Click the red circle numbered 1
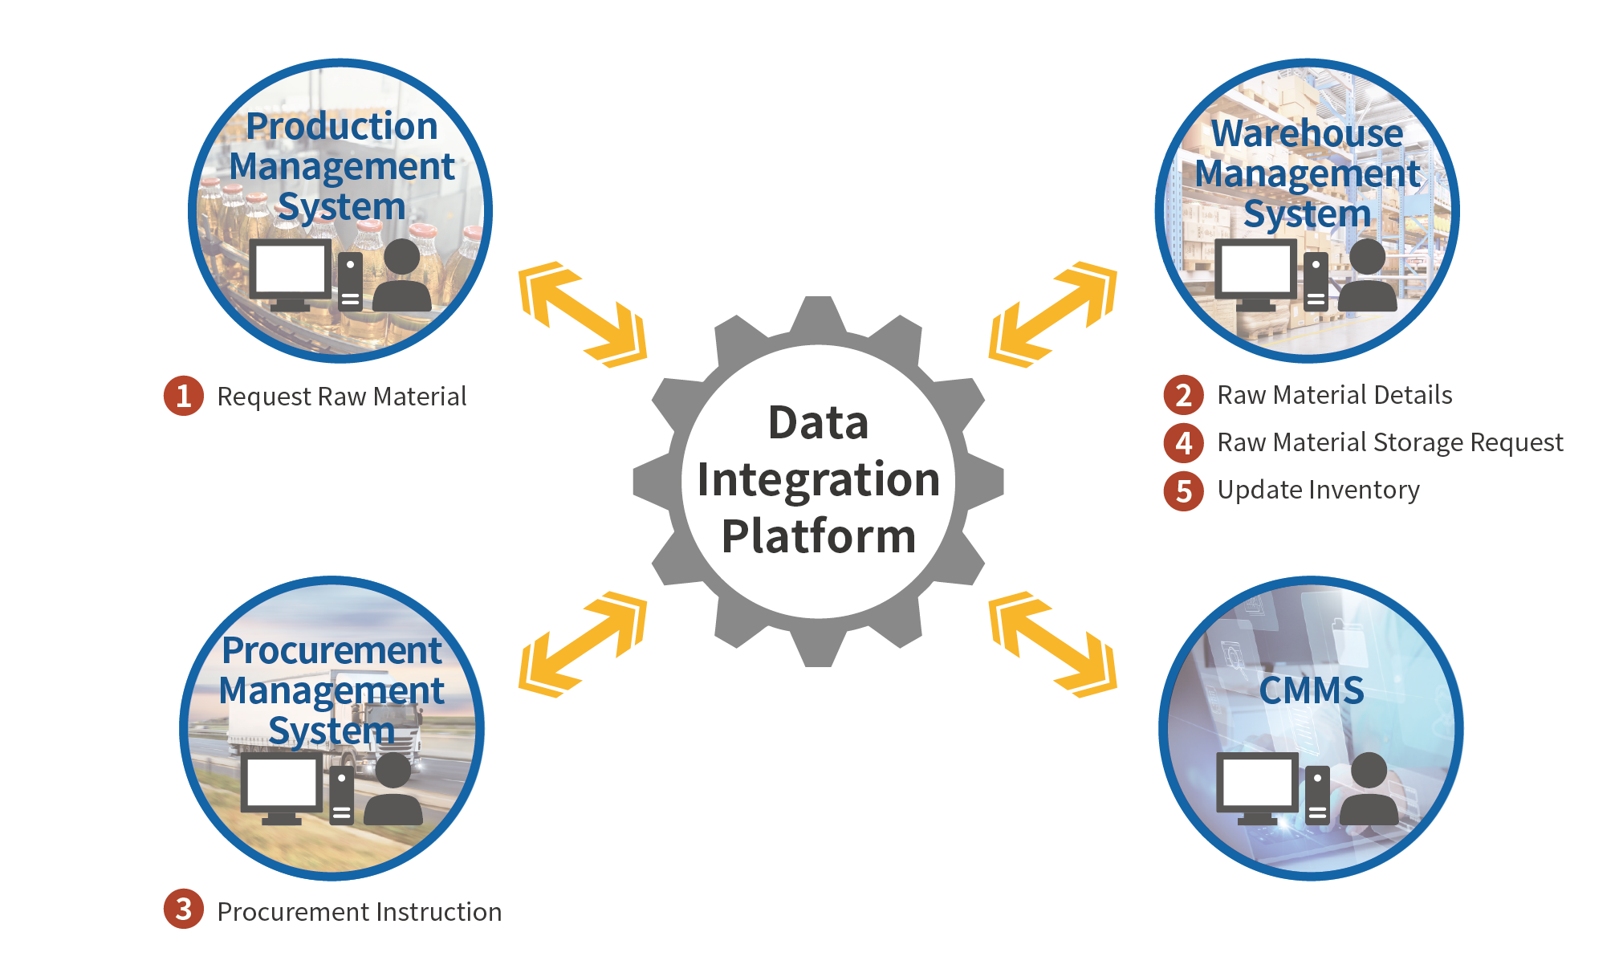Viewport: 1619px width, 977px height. click(184, 396)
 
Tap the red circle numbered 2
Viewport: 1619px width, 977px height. click(1183, 395)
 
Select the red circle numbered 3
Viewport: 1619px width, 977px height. click(184, 909)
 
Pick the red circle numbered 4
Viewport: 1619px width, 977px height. click(1183, 442)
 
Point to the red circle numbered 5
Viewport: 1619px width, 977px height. click(1183, 491)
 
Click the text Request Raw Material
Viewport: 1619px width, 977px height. click(342, 397)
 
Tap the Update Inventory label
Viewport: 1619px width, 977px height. click(1318, 490)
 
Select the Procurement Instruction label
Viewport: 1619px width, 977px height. click(359, 912)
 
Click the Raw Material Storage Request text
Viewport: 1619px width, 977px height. click(1389, 442)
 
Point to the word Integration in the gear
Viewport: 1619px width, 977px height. click(818, 479)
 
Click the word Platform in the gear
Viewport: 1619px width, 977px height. click(818, 535)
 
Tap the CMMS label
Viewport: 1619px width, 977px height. click(1311, 690)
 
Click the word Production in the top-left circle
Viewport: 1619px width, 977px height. click(342, 126)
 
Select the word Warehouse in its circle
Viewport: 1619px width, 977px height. click(1307, 133)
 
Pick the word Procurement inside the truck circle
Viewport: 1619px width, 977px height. click(332, 650)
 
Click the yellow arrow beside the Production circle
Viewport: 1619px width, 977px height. click(583, 314)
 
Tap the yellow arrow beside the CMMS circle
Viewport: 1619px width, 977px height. click(1052, 644)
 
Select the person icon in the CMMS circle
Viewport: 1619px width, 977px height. click(1368, 791)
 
